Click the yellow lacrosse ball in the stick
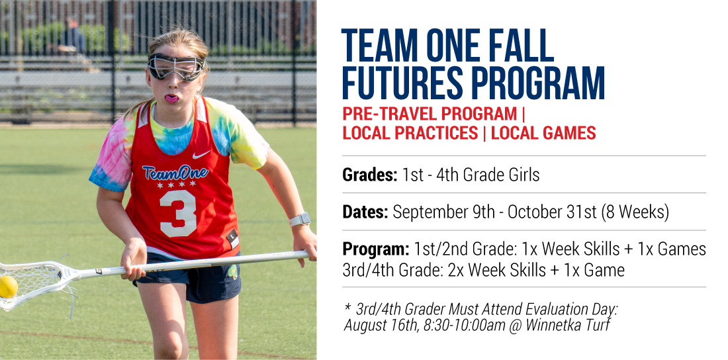(8, 287)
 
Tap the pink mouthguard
(171, 99)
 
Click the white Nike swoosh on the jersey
(201, 154)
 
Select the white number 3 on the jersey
(178, 213)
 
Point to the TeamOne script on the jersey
(175, 172)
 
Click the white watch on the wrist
(299, 219)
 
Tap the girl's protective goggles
(176, 66)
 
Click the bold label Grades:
(370, 175)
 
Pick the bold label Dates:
(365, 212)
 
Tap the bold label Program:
(376, 249)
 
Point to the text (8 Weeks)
(635, 212)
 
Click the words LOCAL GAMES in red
(543, 133)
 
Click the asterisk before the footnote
(347, 307)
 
